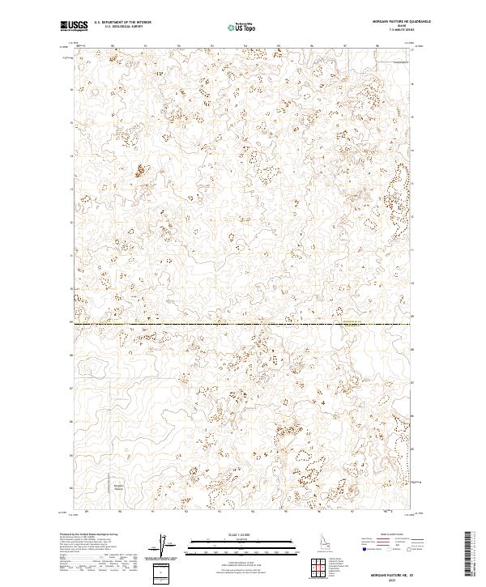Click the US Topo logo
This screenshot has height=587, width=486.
tap(242, 27)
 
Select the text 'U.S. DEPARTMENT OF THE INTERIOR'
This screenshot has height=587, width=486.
tap(122, 23)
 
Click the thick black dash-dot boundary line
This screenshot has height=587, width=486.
tap(202, 325)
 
